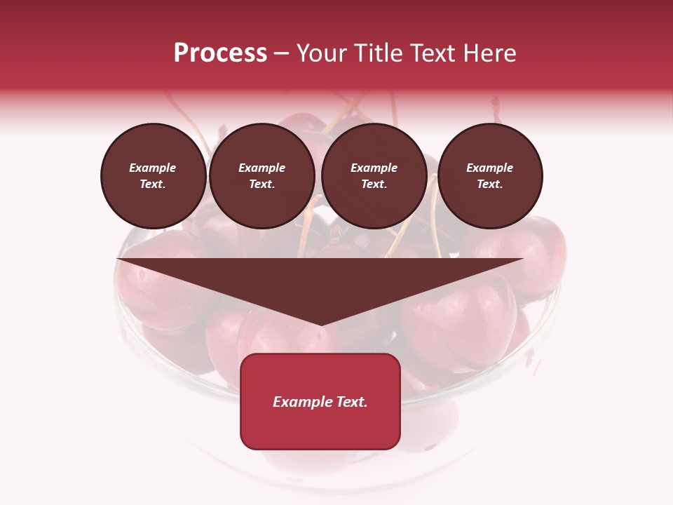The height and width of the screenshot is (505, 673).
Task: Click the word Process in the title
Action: pyautogui.click(x=220, y=53)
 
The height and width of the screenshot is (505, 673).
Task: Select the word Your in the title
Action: pyautogui.click(x=320, y=53)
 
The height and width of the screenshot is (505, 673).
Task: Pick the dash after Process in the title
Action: pyautogui.click(x=282, y=54)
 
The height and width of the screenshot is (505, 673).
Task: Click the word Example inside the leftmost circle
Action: pyautogui.click(x=153, y=168)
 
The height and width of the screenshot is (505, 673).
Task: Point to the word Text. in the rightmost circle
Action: pyautogui.click(x=490, y=184)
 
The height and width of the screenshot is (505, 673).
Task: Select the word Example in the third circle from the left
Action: pyautogui.click(x=374, y=168)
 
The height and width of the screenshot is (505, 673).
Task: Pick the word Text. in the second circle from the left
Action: pyautogui.click(x=262, y=184)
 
